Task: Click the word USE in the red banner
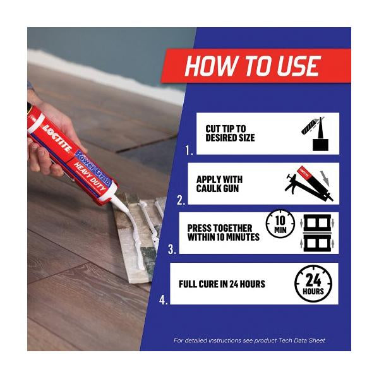coord(299,66)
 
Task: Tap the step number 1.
coord(189,150)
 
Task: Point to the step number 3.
coord(172,250)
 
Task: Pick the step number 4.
coord(163,300)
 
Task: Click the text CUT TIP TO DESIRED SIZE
coord(230,133)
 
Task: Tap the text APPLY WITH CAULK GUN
coord(219,184)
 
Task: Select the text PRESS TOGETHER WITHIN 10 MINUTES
coord(224,232)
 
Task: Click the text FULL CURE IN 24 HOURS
coord(222,284)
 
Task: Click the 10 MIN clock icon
coord(280,224)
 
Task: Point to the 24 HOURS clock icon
coord(313,284)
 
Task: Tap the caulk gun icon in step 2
coord(309,184)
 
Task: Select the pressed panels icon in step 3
coord(317,233)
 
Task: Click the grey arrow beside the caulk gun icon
coord(325,179)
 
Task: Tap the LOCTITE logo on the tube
coord(57,138)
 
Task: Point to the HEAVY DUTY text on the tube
coord(90,177)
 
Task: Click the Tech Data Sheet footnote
coord(250,340)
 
